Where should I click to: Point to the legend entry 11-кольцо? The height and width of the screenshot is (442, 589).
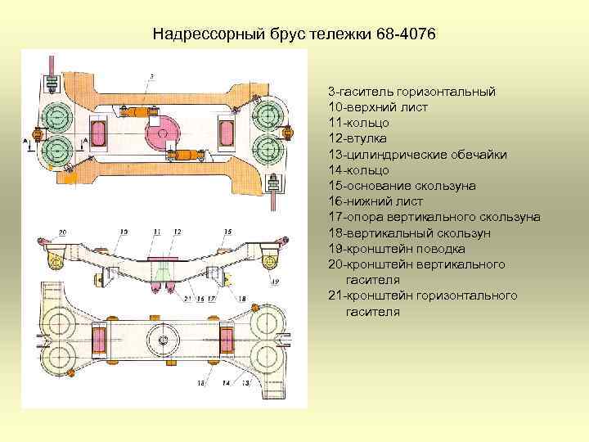click(358, 123)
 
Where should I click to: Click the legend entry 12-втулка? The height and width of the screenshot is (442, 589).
click(358, 138)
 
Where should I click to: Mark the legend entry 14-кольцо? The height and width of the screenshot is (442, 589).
click(358, 169)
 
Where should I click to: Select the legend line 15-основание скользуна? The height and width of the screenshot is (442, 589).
click(401, 186)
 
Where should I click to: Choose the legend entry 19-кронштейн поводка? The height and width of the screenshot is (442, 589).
click(397, 248)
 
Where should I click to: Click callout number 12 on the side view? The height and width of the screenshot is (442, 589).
click(177, 232)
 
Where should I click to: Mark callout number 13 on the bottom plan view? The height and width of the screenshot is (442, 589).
click(245, 383)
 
